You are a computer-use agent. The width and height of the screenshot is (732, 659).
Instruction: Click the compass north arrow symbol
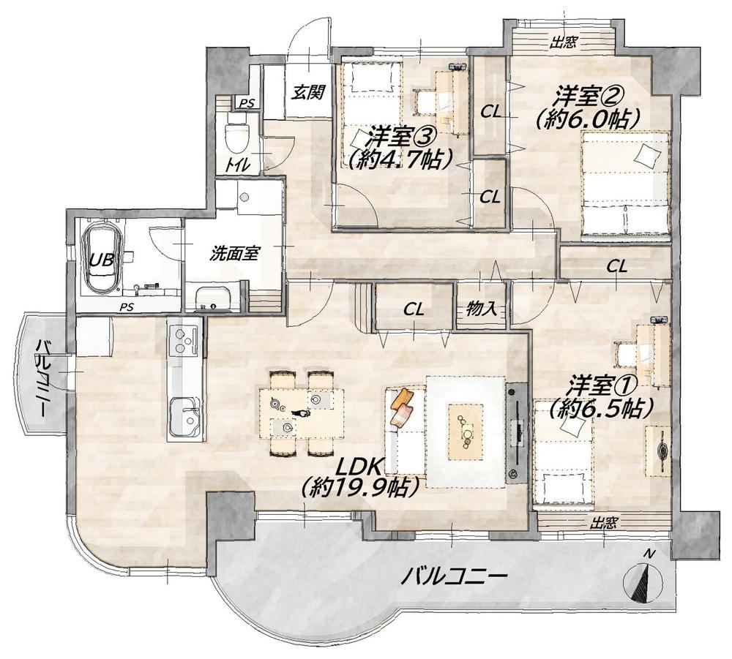(x=643, y=579)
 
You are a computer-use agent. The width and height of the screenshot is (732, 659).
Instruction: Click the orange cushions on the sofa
(x=401, y=407)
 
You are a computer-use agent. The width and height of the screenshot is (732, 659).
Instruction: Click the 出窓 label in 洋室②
(x=562, y=43)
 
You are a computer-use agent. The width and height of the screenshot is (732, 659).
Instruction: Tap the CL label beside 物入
(x=414, y=309)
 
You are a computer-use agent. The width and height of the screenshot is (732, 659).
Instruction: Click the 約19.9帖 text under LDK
(x=359, y=488)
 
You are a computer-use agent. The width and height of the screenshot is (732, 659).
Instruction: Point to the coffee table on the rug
(x=466, y=432)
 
